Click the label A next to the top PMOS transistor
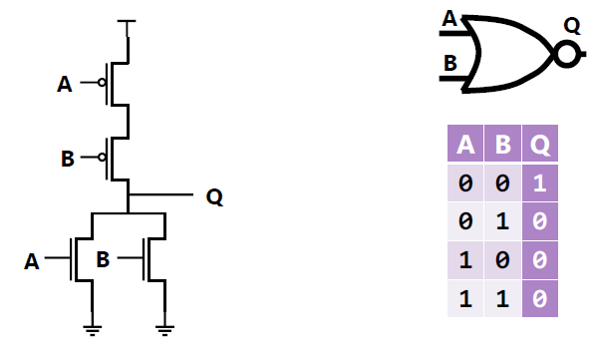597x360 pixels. point(65,85)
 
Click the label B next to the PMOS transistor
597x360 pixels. point(67,158)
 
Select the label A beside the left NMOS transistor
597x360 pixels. point(32,261)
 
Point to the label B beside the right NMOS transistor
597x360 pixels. point(103,260)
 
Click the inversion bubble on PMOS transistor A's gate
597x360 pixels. point(102,84)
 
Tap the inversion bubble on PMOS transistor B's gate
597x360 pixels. point(102,157)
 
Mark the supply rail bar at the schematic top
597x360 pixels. point(128,20)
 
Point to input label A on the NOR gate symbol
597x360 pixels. point(449,20)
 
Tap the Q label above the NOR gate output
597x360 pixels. point(571,22)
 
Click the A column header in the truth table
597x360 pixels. point(464,146)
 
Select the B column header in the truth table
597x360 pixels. point(503,146)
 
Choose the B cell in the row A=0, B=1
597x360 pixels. point(503,221)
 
